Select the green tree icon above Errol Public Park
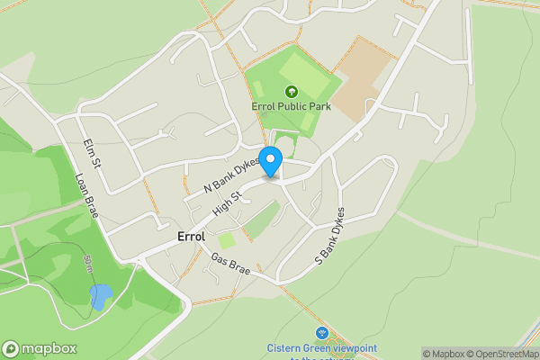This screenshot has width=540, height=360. [x=291, y=91]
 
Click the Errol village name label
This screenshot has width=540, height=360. [x=192, y=237]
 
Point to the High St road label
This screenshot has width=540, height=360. [x=229, y=201]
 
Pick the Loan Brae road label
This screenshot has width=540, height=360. [x=85, y=195]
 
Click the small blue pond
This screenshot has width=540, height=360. [x=101, y=296]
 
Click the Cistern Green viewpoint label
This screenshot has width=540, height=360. [x=321, y=348]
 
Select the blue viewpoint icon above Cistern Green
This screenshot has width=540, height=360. [x=322, y=333]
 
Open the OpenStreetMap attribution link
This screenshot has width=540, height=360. [x=499, y=354]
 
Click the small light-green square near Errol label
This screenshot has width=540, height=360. [x=228, y=240]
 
